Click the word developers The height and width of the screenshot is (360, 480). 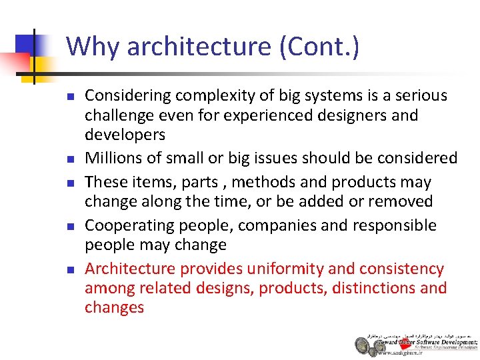click(x=125, y=135)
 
